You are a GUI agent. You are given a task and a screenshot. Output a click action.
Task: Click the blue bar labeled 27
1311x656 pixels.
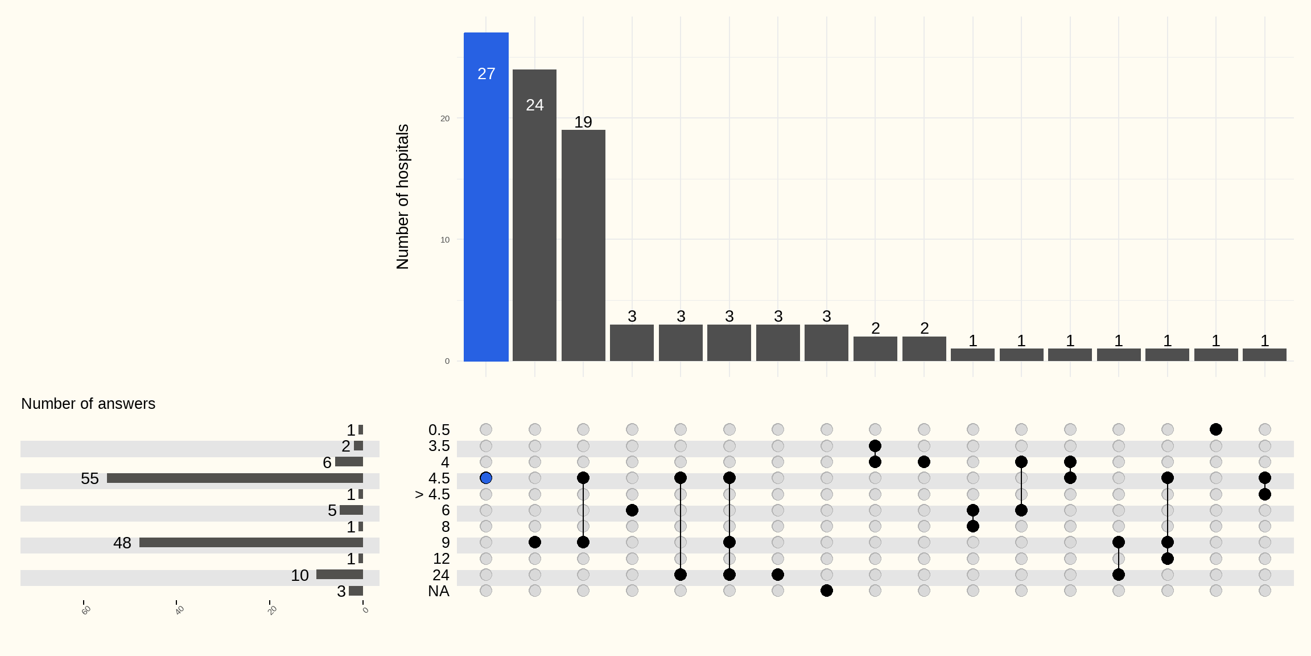pos(486,196)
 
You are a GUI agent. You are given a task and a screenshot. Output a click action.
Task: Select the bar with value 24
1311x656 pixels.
pos(534,215)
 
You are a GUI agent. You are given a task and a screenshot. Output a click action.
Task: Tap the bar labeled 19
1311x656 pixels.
pos(583,245)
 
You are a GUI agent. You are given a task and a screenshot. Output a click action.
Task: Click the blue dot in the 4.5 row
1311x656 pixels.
pos(486,478)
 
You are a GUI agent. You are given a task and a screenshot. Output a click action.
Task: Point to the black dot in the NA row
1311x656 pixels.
pos(827,591)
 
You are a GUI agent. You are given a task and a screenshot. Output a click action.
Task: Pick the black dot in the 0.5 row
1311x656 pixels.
pos(1216,429)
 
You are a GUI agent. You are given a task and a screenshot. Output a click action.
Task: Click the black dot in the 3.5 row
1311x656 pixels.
pos(875,445)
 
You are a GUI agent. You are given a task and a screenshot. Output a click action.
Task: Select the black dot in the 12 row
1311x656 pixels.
pos(1168,559)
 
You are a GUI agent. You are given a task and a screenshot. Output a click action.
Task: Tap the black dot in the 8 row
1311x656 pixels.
pos(973,526)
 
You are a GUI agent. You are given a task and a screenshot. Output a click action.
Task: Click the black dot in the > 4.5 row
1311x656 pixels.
pos(1265,494)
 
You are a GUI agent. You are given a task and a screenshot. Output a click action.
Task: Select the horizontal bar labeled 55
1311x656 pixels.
pos(235,478)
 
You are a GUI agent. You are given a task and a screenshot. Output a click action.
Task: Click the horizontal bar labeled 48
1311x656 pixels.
pos(251,543)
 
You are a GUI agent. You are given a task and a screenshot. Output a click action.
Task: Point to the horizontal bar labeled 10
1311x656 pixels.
pos(340,575)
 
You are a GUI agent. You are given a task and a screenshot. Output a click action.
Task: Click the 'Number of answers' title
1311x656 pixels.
pos(88,404)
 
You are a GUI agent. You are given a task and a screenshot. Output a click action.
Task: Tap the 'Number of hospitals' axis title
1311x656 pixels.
pos(402,196)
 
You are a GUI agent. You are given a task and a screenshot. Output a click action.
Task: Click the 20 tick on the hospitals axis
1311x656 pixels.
pos(445,118)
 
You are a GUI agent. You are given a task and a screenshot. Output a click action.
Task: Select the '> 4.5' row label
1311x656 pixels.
pos(432,494)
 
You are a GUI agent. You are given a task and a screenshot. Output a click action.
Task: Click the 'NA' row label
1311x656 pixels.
pos(439,591)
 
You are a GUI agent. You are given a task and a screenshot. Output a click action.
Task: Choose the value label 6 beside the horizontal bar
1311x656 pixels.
pos(327,462)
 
